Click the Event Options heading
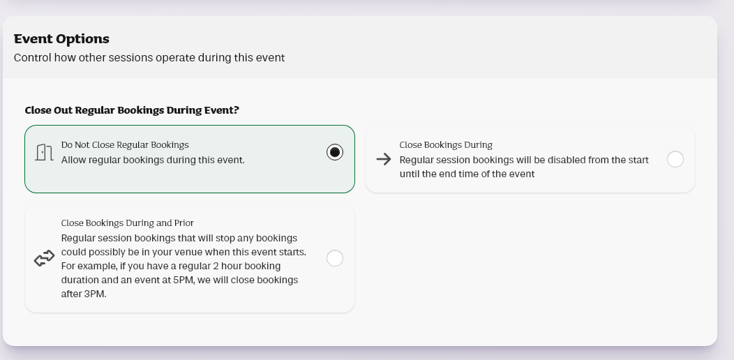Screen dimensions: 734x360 pos(61,39)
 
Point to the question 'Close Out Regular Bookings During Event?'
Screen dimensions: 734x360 pos(132,110)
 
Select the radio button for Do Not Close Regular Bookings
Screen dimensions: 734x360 pos(335,152)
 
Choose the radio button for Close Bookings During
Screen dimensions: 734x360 pos(675,159)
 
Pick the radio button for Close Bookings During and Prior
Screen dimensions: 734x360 pos(335,258)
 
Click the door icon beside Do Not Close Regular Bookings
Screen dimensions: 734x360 pos(44,152)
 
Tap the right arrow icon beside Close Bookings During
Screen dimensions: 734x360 pos(383,159)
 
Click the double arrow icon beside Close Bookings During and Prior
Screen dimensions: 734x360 pos(45,258)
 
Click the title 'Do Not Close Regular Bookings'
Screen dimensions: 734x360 pos(125,144)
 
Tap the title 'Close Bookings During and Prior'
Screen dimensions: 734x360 pos(127,223)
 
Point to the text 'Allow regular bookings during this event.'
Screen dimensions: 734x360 pos(153,160)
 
